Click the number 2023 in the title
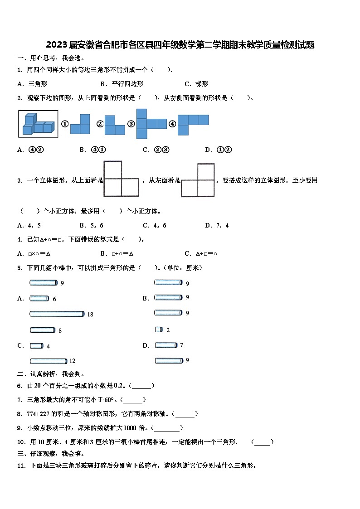pyautogui.click(x=57, y=45)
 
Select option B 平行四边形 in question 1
pyautogui.click(x=127, y=84)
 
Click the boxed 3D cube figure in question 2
pyautogui.click(x=38, y=123)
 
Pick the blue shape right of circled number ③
pyautogui.click(x=151, y=123)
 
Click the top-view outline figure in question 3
pyautogui.click(x=121, y=179)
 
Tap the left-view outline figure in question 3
pyautogui.click(x=198, y=180)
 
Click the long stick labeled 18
pyautogui.click(x=57, y=314)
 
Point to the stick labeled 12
pyautogui.click(x=49, y=361)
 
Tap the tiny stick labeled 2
pyautogui.click(x=159, y=330)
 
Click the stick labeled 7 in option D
pyautogui.click(x=166, y=345)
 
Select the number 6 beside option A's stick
pyautogui.click(x=54, y=299)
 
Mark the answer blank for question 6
pyautogui.click(x=141, y=386)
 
